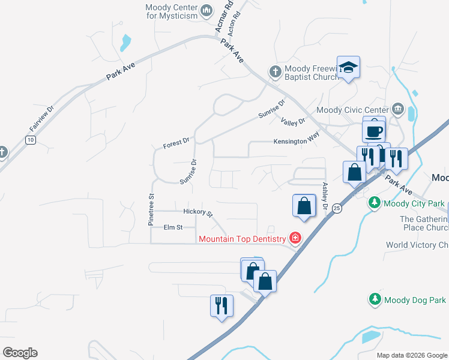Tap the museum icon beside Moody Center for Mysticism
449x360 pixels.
coord(206,10)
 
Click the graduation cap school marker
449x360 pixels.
coord(348,67)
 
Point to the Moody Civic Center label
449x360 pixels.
coord(352,110)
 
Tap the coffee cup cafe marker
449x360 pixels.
coord(373,130)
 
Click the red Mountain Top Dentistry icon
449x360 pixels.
coord(295,239)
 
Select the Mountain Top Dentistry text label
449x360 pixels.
coord(243,239)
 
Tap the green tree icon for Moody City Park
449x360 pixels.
coord(375,203)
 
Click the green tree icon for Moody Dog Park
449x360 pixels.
coord(375,299)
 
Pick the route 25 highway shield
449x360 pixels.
coord(337,208)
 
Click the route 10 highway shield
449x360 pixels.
coord(30,140)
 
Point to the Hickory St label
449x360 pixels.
coord(198,212)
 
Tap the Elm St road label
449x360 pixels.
coord(172,227)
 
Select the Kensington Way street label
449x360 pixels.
coord(296,141)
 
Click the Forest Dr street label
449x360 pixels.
coord(176,143)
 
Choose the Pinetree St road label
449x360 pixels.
coord(151,209)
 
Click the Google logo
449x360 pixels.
coord(20,353)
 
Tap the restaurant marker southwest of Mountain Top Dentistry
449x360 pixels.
coord(221,305)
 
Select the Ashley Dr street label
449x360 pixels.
coord(325,196)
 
